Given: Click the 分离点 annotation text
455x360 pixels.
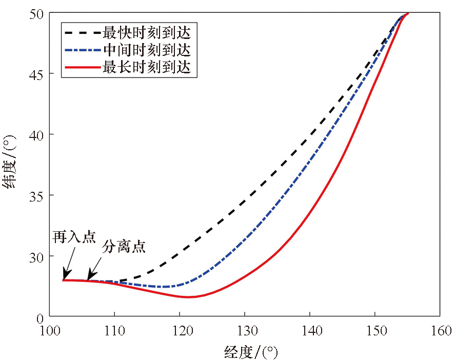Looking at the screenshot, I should [x=124, y=247].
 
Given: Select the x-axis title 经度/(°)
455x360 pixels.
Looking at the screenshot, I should [x=251, y=352].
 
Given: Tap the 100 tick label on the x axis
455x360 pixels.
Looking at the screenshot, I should [x=50, y=331].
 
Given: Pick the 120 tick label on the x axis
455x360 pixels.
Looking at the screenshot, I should [x=180, y=331].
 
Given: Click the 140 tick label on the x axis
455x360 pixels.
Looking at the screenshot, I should [x=310, y=331].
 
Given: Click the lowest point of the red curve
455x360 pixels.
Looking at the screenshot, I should [x=188, y=297].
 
